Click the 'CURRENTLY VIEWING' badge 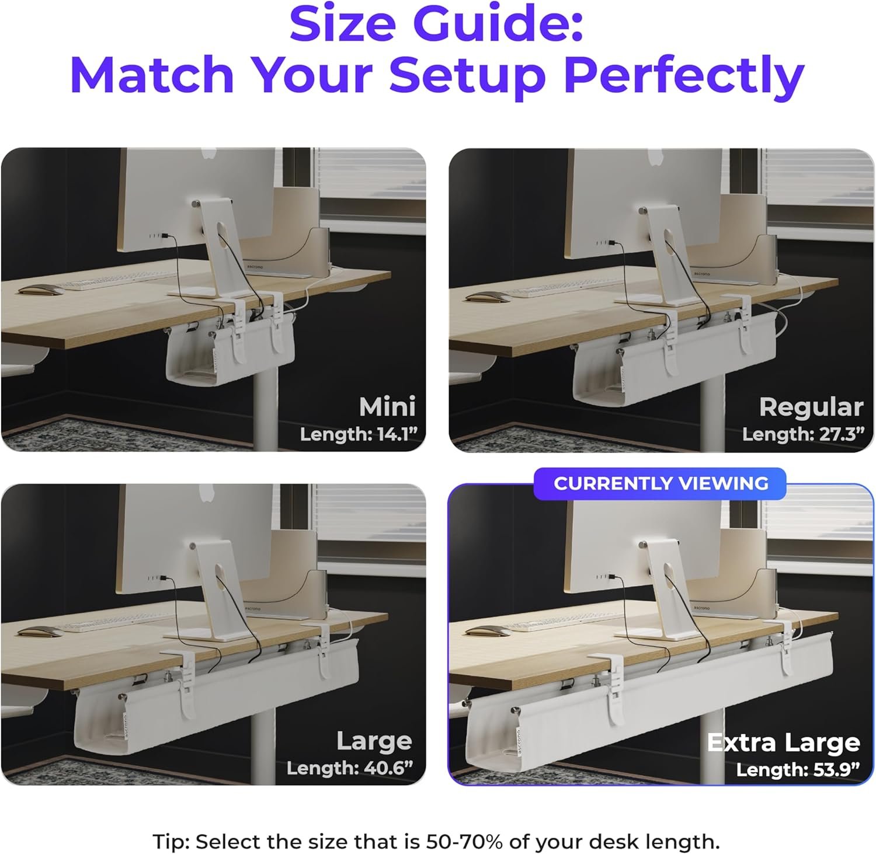click(661, 483)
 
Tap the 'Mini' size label click(387, 407)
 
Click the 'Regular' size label click(811, 407)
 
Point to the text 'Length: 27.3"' click(804, 434)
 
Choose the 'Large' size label click(374, 741)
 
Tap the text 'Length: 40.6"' click(350, 768)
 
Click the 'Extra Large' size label click(784, 743)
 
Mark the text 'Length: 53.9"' click(798, 769)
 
